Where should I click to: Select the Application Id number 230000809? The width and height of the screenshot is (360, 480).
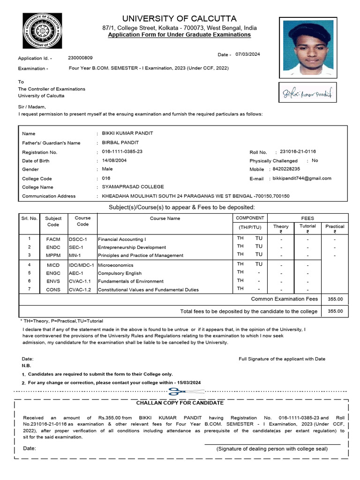click(80, 58)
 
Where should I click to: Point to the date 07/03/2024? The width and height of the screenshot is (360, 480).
click(247, 54)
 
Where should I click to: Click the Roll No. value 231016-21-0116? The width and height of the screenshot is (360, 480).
click(298, 151)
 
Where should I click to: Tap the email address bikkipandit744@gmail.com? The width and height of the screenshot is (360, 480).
click(302, 178)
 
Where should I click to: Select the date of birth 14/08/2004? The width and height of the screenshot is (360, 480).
click(114, 160)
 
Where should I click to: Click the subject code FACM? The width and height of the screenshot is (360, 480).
click(53, 240)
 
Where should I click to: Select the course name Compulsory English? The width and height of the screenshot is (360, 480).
click(120, 273)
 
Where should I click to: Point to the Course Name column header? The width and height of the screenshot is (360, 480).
click(165, 218)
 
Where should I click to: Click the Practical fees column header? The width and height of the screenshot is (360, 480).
click(335, 226)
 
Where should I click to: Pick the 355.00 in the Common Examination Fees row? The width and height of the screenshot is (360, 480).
click(335, 299)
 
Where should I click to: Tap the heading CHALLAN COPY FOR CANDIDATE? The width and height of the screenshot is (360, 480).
click(180, 403)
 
